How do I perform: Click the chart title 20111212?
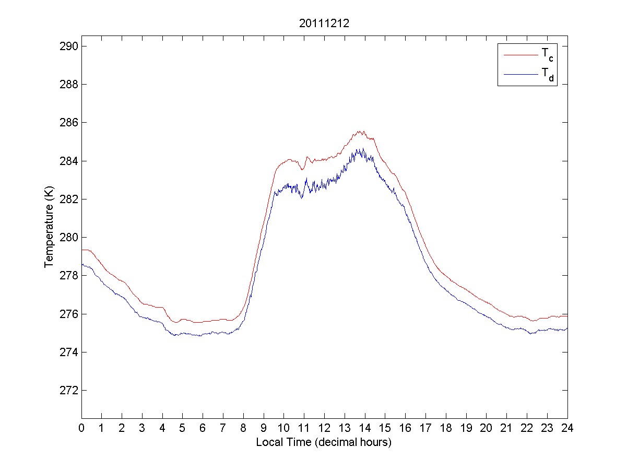[x=324, y=23]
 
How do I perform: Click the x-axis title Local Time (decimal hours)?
[x=324, y=442]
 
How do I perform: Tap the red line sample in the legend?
[x=520, y=54]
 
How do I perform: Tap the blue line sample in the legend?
[x=520, y=75]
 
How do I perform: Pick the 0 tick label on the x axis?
[x=81, y=428]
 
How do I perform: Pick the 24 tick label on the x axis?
[x=567, y=428]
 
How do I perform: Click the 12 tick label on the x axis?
[x=324, y=428]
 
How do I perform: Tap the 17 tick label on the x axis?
[x=425, y=428]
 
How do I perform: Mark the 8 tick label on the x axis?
[x=243, y=428]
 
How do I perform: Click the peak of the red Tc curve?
[x=360, y=131]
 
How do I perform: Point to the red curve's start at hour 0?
[x=82, y=250]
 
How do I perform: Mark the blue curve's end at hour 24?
[x=567, y=328]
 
